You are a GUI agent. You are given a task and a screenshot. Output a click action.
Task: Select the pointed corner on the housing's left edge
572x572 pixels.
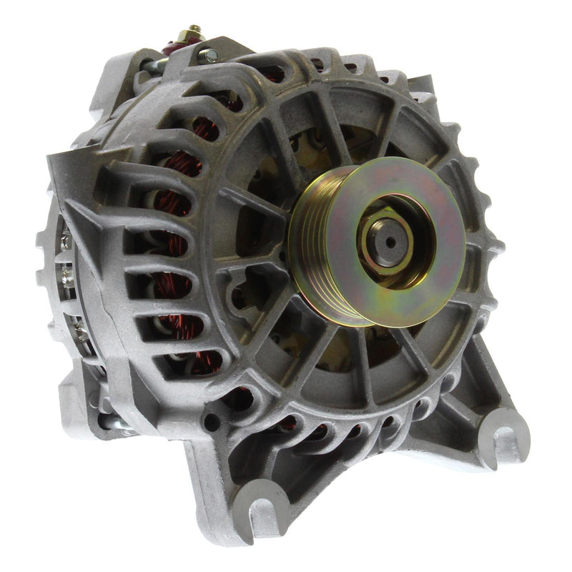(x=53, y=162)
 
